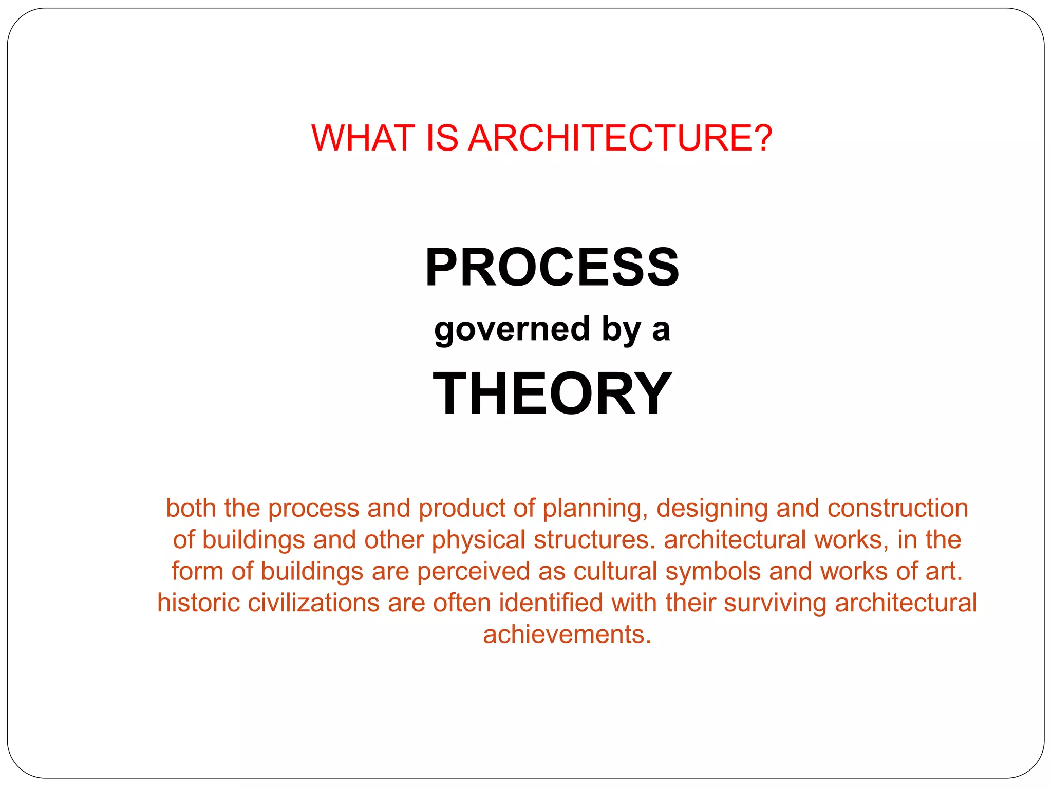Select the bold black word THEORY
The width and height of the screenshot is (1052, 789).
click(552, 393)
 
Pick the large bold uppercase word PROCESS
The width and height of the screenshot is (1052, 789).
click(552, 267)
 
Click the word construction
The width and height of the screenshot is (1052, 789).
click(897, 508)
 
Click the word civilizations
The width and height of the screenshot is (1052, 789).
click(313, 603)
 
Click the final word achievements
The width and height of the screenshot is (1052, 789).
click(567, 634)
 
